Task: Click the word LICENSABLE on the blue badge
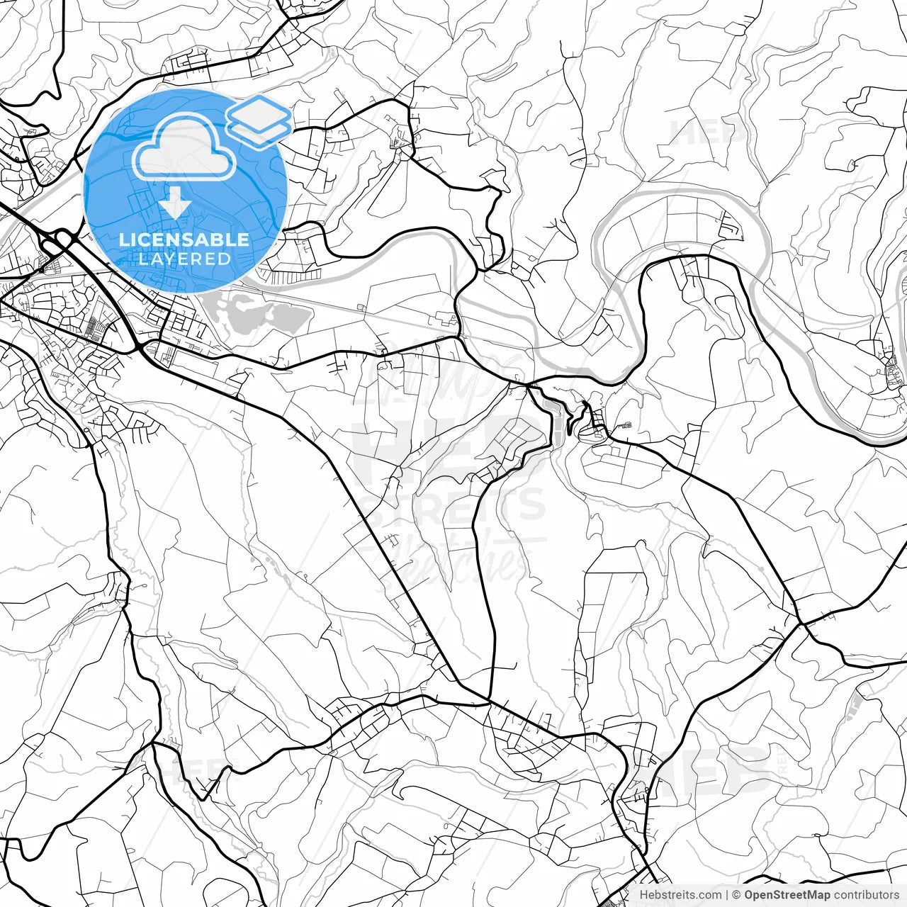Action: (x=184, y=240)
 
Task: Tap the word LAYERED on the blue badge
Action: (x=184, y=259)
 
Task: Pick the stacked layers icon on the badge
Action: (x=259, y=121)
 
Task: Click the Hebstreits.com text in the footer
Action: (x=680, y=895)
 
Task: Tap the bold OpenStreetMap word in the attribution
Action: (x=787, y=895)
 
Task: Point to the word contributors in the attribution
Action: (x=866, y=895)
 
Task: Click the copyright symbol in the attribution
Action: (x=736, y=895)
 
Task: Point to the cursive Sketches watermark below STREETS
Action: (x=453, y=560)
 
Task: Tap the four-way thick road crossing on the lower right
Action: (x=800, y=624)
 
